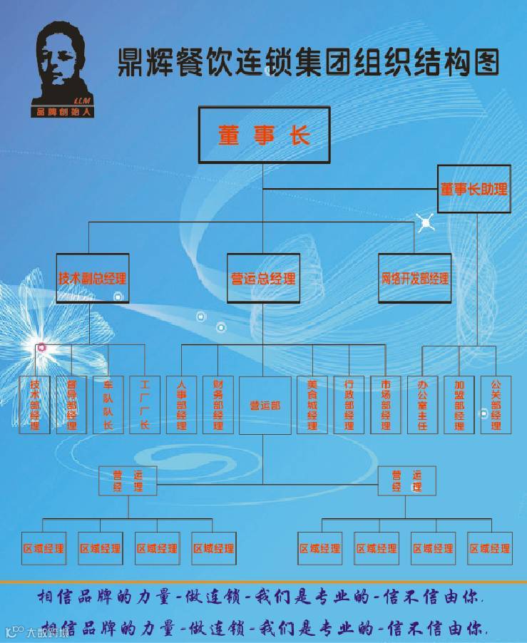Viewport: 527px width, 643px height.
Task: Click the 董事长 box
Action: tap(264, 136)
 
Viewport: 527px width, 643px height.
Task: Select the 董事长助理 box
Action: tap(474, 190)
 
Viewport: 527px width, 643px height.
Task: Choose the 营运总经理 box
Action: tap(263, 279)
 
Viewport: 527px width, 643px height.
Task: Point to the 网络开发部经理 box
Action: tap(414, 279)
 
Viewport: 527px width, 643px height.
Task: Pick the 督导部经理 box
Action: tap(71, 404)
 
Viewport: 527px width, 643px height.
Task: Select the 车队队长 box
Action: tap(108, 404)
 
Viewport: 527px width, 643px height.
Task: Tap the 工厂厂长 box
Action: tap(145, 404)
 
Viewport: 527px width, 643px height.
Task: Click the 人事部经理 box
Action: tap(181, 404)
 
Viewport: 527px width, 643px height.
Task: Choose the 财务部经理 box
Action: tap(218, 404)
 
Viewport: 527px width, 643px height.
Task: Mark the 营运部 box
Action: tap(264, 405)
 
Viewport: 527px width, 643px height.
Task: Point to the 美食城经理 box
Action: tap(312, 404)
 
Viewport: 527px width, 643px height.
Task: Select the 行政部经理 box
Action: tap(349, 404)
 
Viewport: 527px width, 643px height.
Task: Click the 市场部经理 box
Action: tap(386, 404)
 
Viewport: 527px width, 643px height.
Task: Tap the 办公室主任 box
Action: tap(422, 404)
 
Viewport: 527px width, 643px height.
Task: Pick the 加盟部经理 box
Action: tap(459, 404)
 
